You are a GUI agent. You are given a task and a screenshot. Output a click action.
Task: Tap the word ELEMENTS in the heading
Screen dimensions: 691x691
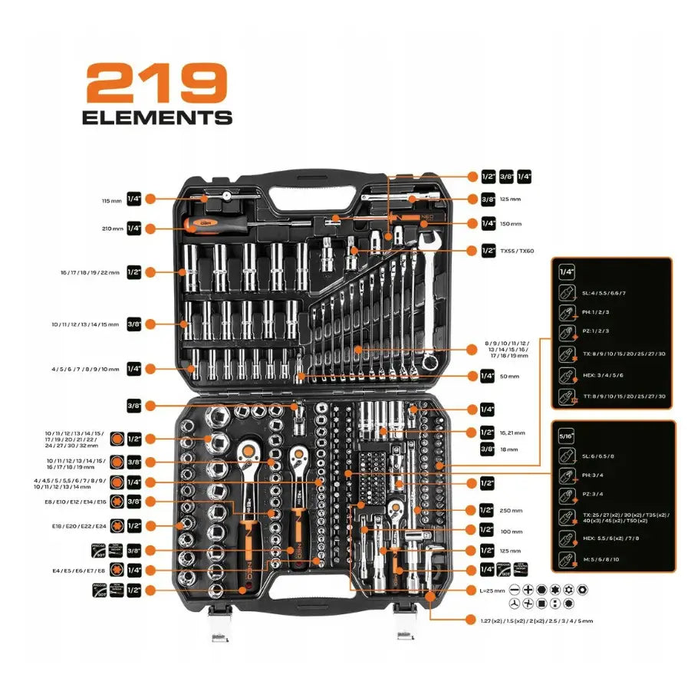(x=156, y=117)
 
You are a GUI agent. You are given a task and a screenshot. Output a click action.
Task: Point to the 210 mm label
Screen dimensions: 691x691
(x=111, y=229)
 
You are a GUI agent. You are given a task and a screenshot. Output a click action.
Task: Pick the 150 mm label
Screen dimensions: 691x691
(x=511, y=224)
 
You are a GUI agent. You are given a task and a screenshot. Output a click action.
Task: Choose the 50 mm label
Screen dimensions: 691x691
(x=510, y=377)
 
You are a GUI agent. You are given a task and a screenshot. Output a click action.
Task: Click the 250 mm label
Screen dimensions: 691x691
(x=511, y=510)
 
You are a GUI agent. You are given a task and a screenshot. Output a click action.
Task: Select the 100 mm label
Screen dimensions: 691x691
(x=511, y=530)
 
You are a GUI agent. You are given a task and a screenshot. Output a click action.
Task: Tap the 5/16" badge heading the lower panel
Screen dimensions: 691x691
(x=568, y=434)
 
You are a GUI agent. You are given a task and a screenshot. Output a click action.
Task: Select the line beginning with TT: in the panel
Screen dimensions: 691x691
(x=625, y=396)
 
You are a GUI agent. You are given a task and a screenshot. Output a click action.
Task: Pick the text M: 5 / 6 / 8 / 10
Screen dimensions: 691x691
(x=601, y=559)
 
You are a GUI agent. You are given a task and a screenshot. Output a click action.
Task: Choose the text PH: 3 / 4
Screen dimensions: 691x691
(x=591, y=475)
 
